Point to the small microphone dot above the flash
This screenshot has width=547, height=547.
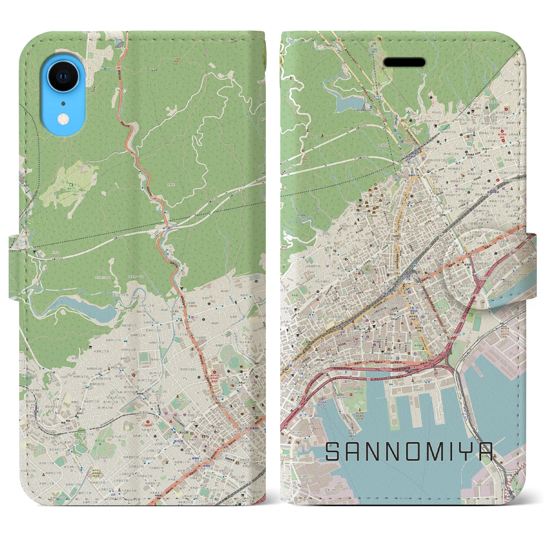63,103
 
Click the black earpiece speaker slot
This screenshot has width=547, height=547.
404,62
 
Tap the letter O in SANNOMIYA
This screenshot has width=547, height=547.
401,452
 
